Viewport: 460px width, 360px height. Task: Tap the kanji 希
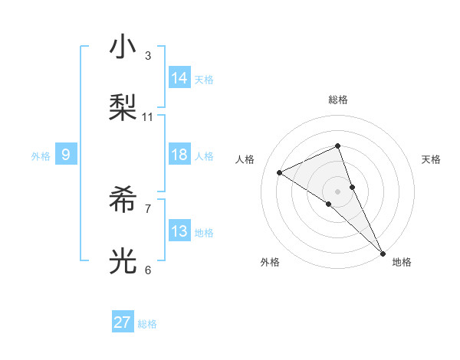click(123, 200)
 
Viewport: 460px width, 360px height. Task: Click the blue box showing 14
click(179, 78)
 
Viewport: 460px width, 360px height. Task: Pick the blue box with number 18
click(179, 155)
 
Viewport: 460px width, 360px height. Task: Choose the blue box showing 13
click(179, 231)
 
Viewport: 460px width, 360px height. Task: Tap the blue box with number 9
click(66, 155)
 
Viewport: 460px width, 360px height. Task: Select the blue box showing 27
click(123, 322)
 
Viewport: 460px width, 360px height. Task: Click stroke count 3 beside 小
click(148, 56)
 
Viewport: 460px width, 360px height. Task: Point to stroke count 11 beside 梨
click(148, 117)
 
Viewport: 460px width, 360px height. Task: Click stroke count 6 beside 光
click(148, 270)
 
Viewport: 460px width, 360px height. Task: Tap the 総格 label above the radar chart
click(338, 100)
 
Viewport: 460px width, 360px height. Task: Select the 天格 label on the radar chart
click(431, 159)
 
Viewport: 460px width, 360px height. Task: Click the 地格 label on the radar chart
click(402, 262)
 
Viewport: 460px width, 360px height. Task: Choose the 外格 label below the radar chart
click(270, 262)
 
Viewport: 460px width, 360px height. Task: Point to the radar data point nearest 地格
click(382, 252)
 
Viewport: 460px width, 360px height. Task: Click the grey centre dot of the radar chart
click(337, 191)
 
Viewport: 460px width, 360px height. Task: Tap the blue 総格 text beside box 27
click(147, 323)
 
